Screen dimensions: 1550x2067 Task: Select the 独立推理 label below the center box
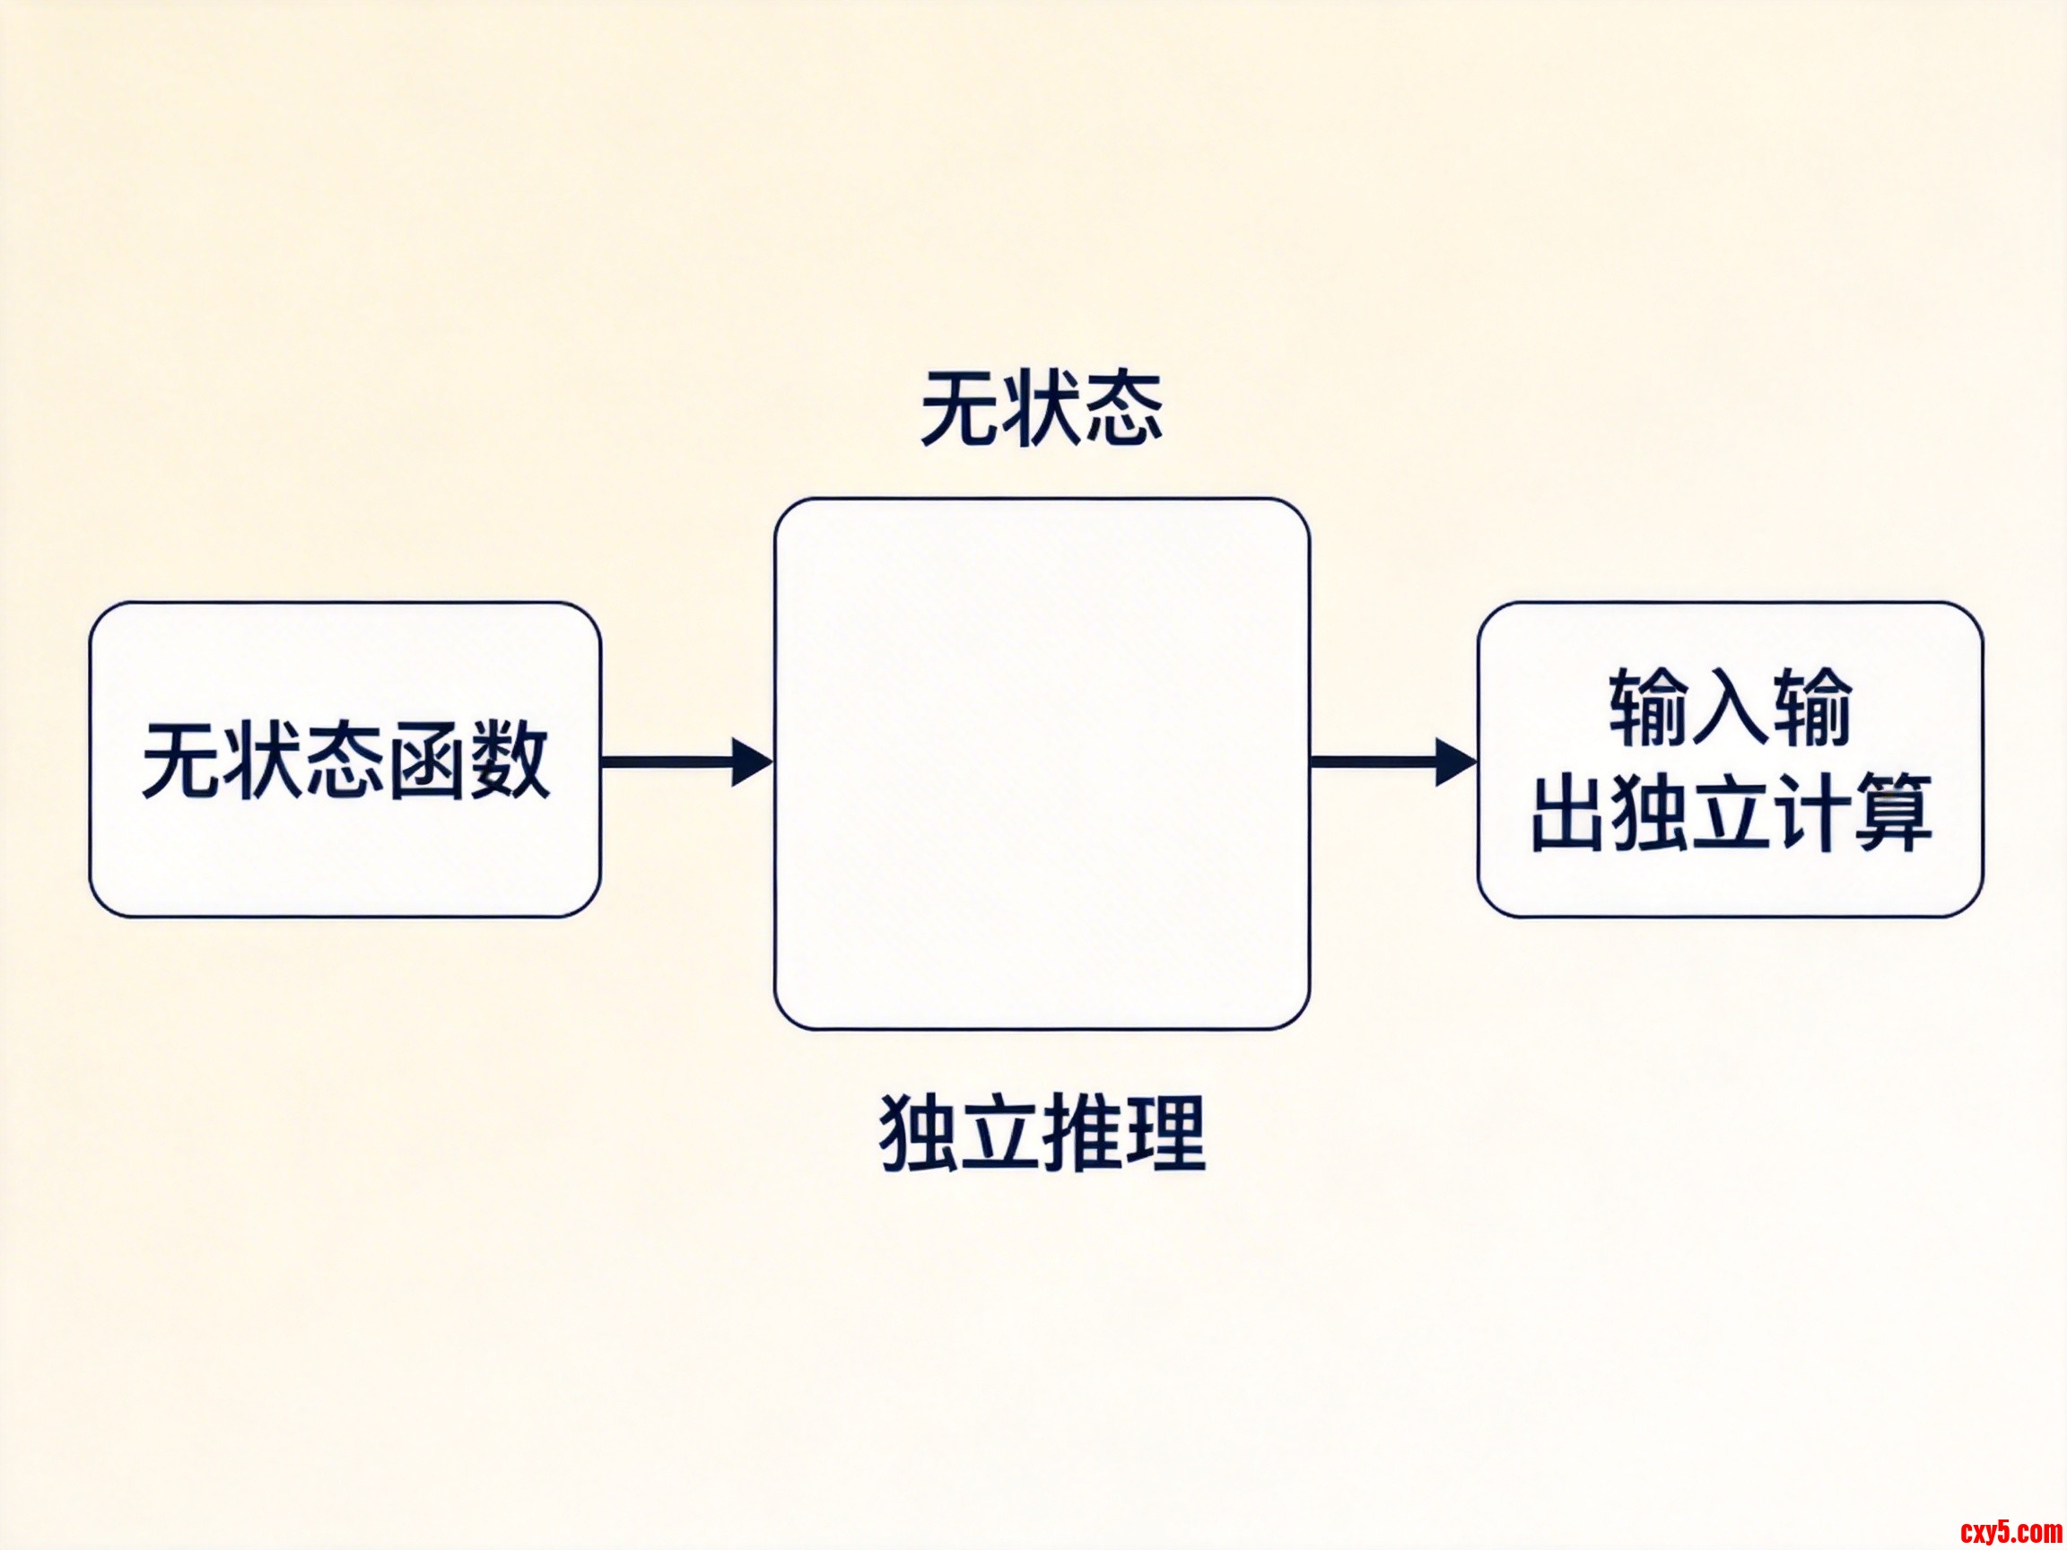click(1041, 1133)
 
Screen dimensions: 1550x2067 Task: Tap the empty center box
click(1041, 763)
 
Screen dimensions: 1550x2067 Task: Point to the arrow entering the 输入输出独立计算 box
click(1391, 762)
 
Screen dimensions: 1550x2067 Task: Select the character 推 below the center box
click(1083, 1133)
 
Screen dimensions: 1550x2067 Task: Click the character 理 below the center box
click(1164, 1133)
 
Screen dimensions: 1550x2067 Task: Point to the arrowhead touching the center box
click(752, 762)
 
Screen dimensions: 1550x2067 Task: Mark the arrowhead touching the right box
click(1456, 762)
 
